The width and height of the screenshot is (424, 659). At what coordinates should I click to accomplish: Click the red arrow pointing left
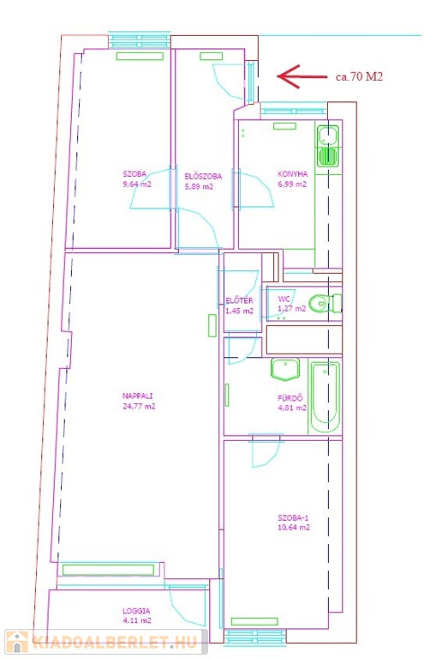(x=302, y=76)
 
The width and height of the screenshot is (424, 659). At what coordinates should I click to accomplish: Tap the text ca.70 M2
(x=359, y=76)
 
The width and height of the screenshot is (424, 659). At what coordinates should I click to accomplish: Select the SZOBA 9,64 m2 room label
(x=137, y=179)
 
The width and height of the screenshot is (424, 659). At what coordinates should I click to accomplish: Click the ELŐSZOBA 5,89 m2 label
(x=203, y=182)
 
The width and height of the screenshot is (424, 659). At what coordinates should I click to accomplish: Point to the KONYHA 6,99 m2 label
(x=292, y=179)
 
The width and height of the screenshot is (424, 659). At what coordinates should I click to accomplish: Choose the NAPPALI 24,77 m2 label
(x=139, y=401)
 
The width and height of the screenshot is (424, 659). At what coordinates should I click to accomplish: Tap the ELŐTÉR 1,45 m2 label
(x=240, y=306)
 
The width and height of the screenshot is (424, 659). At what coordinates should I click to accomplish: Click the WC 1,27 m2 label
(x=292, y=304)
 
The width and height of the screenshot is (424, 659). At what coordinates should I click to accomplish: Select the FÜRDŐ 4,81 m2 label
(x=292, y=402)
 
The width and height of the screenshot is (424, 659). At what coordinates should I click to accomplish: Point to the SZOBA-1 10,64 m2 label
(x=294, y=523)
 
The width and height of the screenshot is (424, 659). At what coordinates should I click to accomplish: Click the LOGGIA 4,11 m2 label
(x=137, y=616)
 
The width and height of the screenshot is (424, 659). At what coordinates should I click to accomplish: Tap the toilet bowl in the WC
(x=325, y=303)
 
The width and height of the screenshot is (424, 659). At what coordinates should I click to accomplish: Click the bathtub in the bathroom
(x=325, y=396)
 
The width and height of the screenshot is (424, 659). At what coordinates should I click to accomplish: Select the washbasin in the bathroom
(x=285, y=369)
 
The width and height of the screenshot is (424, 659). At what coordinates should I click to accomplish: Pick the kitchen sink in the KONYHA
(x=328, y=146)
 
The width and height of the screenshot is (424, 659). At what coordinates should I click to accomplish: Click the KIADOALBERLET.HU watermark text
(x=115, y=642)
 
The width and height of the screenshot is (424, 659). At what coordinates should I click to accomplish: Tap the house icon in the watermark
(x=17, y=642)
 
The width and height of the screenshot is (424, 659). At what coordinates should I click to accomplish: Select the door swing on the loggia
(x=183, y=602)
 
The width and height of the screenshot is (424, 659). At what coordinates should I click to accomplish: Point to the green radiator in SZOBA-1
(x=254, y=621)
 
